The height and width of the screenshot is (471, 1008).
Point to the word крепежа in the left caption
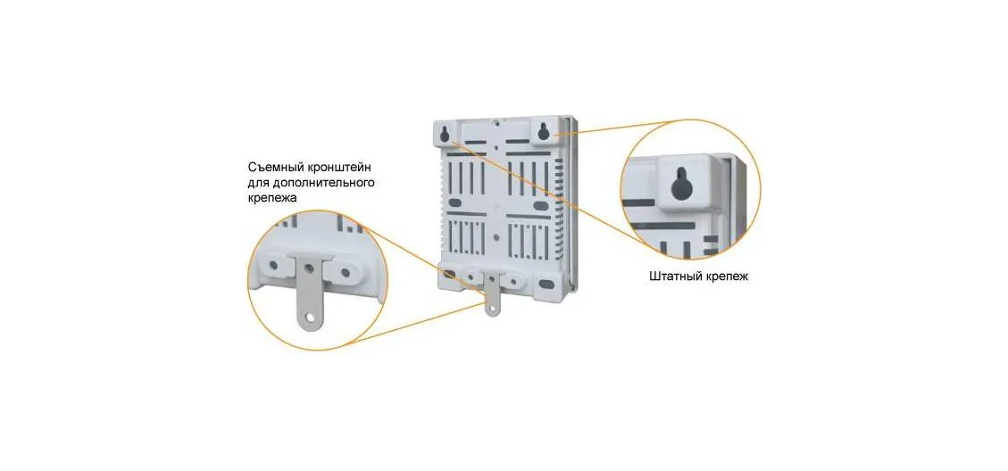(x=273, y=199)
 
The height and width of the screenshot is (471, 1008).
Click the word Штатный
(x=671, y=277)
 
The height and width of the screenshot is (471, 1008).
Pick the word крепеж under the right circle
(x=724, y=277)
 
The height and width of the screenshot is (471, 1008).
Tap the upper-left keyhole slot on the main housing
(x=445, y=133)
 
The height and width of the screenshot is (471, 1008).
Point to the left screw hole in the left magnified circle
(x=274, y=264)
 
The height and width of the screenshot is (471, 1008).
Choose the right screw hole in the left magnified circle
(x=346, y=272)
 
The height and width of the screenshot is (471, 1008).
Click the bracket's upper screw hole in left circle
(x=310, y=267)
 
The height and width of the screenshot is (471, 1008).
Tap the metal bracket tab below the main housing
(x=493, y=294)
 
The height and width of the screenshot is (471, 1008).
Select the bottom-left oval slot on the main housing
(x=449, y=275)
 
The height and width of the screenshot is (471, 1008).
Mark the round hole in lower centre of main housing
(x=496, y=236)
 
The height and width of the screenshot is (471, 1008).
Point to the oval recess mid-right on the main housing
(x=541, y=206)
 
